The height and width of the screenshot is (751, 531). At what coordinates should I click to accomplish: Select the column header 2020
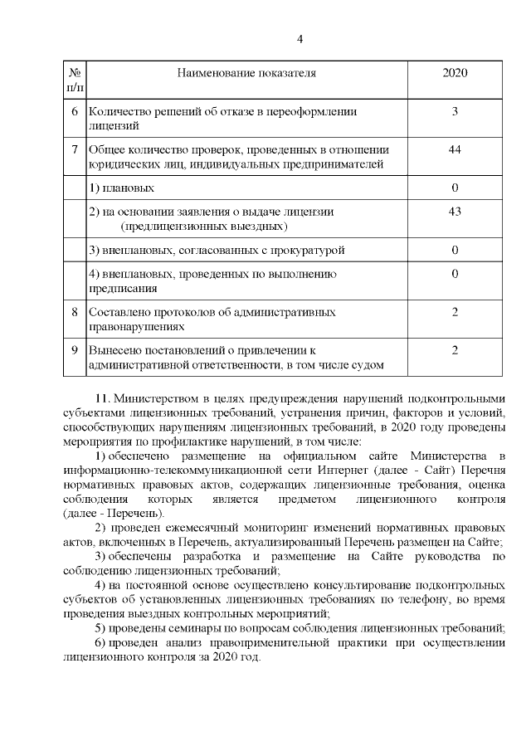point(455,73)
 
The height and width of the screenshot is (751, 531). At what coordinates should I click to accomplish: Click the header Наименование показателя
point(247,73)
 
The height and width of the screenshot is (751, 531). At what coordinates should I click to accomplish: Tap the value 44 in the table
point(455,150)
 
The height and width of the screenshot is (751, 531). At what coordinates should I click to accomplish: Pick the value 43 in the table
point(455,212)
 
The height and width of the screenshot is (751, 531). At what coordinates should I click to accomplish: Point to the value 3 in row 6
point(455,111)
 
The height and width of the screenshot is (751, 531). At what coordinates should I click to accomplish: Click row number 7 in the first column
point(75,150)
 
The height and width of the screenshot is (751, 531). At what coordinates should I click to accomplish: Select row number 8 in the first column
point(75,312)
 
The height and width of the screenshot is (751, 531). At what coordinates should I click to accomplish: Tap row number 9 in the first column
point(75,350)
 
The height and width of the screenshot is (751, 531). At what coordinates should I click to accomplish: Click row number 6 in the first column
point(75,111)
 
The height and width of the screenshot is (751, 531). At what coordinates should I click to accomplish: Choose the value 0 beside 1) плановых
point(455,188)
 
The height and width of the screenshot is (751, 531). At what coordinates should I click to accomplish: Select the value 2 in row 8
point(455,312)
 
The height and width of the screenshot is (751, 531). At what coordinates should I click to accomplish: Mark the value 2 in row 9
point(455,350)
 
